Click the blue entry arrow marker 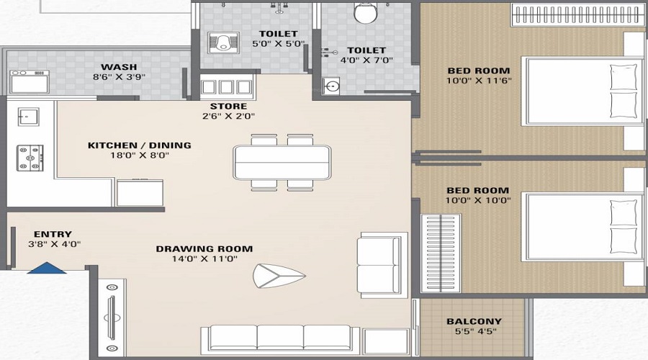[x=47, y=268]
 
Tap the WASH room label [x=114, y=67]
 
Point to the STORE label [x=228, y=107]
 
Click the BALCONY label [x=474, y=322]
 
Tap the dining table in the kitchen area [x=282, y=162]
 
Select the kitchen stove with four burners [x=30, y=158]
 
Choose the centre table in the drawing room [x=278, y=275]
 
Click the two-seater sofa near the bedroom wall [x=378, y=265]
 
